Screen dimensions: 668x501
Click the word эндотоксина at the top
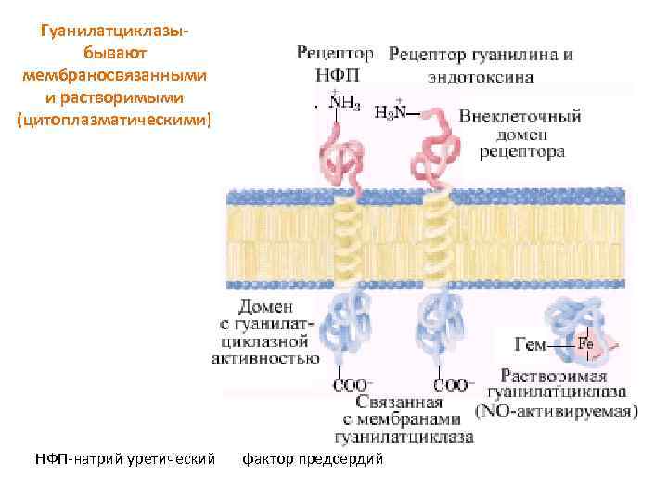pos(481,77)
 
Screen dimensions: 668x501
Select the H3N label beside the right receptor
pos(391,113)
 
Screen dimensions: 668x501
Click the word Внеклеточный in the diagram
pos(520,116)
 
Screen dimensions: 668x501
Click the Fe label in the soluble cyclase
pos(585,343)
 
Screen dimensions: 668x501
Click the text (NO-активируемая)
pos(556,409)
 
